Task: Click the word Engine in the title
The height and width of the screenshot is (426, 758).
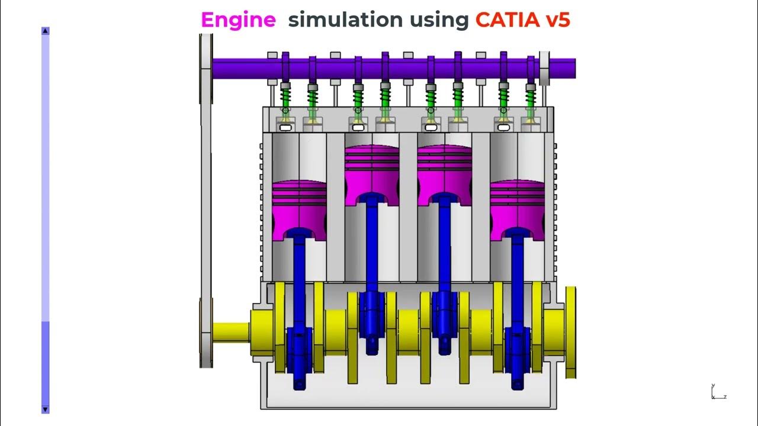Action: click(x=238, y=20)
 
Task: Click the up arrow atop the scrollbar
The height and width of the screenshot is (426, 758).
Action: click(x=46, y=31)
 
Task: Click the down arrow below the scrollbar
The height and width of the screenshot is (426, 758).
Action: click(x=46, y=409)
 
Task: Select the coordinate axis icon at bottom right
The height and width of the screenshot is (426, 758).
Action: click(x=717, y=392)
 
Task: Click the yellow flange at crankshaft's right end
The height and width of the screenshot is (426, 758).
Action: click(x=570, y=331)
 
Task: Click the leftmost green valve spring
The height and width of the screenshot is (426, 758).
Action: click(x=285, y=97)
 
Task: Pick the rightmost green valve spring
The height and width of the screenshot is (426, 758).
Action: click(x=531, y=97)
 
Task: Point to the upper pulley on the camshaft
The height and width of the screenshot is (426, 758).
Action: click(x=206, y=66)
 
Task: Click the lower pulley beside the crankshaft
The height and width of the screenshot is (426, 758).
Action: click(x=206, y=331)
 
